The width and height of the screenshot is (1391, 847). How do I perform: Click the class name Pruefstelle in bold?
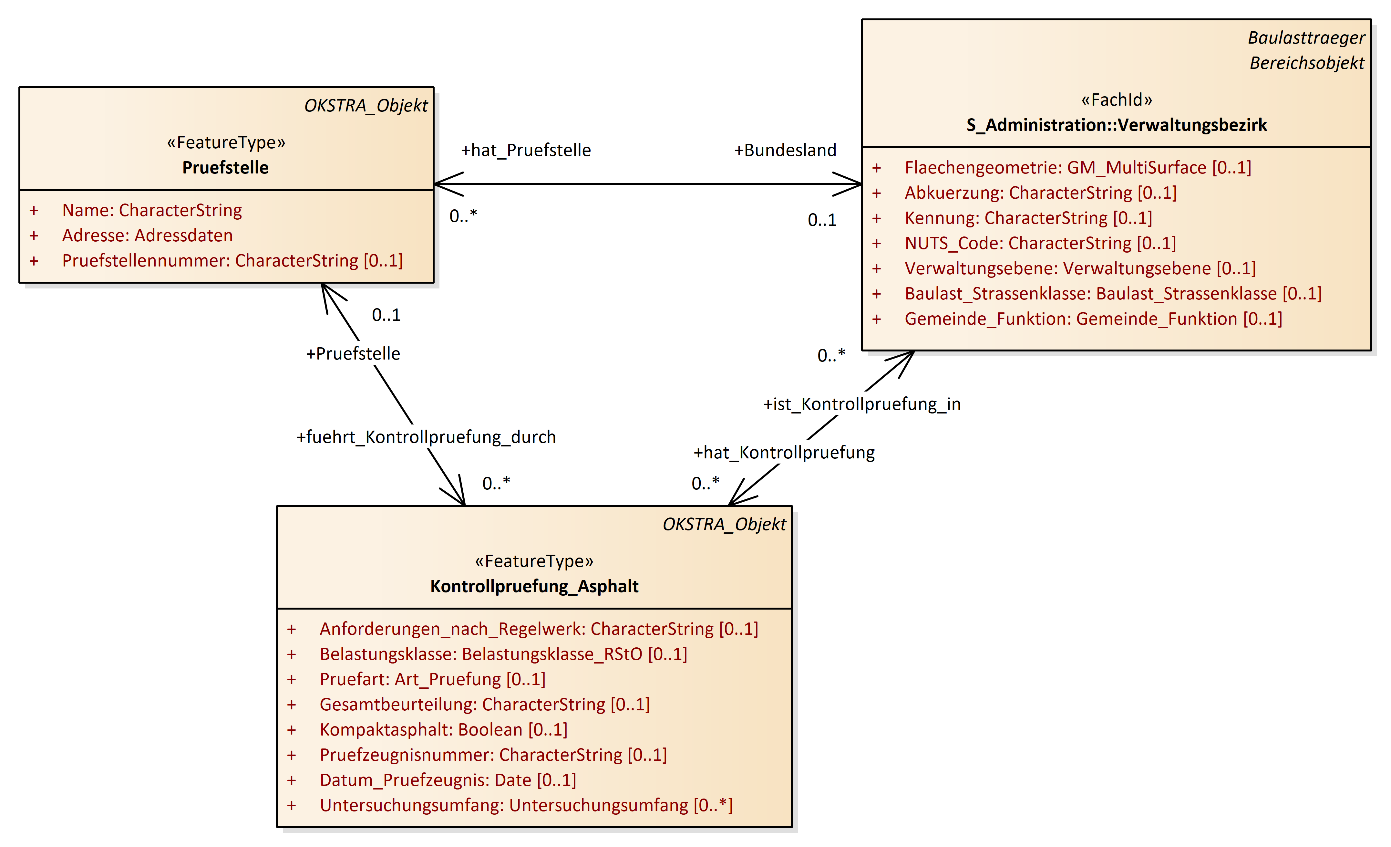pyautogui.click(x=225, y=168)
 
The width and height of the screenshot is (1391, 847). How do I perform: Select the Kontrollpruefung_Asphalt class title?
pyautogui.click(x=534, y=586)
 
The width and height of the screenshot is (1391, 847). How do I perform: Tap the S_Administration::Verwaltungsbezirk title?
pyautogui.click(x=1116, y=125)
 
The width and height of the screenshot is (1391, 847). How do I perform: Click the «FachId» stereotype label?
pyautogui.click(x=1116, y=100)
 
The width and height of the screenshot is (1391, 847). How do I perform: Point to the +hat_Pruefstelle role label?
pyautogui.click(x=526, y=150)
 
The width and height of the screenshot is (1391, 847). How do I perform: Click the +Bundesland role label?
pyautogui.click(x=785, y=150)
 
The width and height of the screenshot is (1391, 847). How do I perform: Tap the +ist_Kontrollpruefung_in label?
pyautogui.click(x=861, y=404)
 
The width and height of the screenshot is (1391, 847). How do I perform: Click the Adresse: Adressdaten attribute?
pyautogui.click(x=147, y=235)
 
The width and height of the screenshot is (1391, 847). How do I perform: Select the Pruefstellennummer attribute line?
pyautogui.click(x=232, y=261)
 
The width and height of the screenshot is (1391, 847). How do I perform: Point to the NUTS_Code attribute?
pyautogui.click(x=1040, y=243)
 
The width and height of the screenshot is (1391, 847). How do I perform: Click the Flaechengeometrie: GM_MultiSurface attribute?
pyautogui.click(x=1078, y=168)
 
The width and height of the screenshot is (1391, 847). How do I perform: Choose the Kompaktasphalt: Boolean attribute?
pyautogui.click(x=443, y=729)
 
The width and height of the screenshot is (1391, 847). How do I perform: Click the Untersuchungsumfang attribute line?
pyautogui.click(x=526, y=805)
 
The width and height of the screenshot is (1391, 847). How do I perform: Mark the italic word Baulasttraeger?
pyautogui.click(x=1306, y=38)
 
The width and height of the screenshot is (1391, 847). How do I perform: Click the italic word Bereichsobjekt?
pyautogui.click(x=1306, y=63)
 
